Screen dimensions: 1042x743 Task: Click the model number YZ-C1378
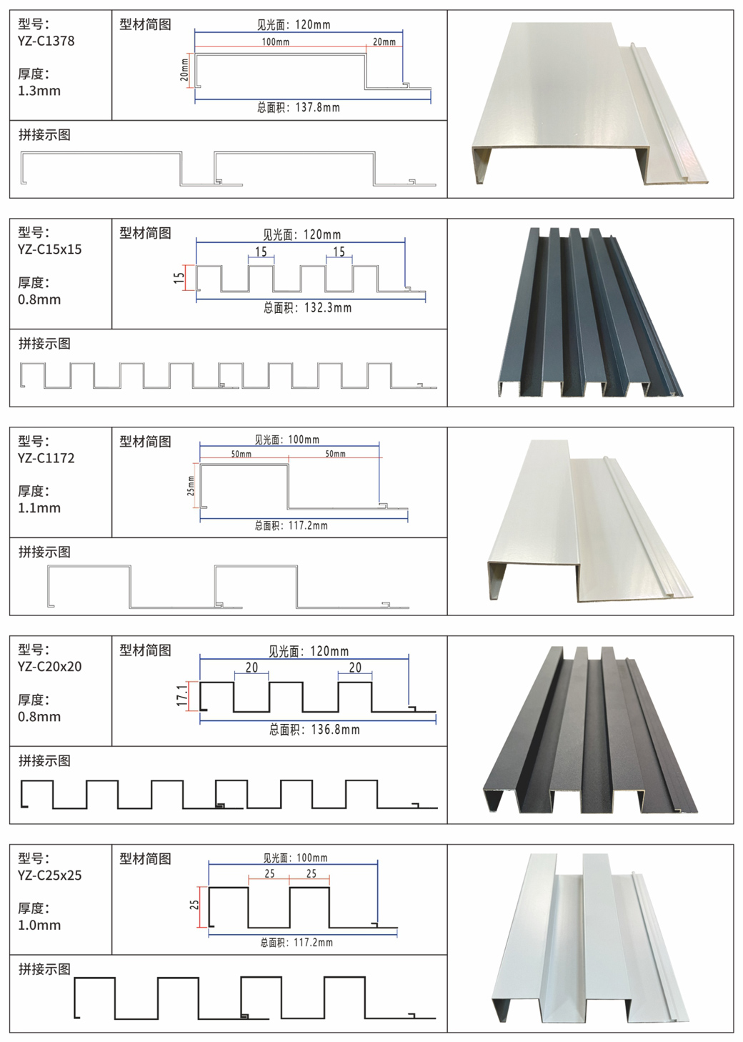[x=46, y=41]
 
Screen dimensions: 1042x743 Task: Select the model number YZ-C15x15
[x=49, y=249]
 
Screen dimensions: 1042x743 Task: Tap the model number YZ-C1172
[x=46, y=458]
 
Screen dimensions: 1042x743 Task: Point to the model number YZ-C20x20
[x=49, y=667]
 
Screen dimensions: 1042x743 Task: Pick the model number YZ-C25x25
[x=49, y=875]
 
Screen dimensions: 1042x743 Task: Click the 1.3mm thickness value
[x=39, y=91]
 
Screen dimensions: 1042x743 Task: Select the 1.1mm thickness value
[x=39, y=508]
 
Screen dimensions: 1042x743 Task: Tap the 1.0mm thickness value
[x=39, y=926]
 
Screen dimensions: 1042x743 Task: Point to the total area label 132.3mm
[x=307, y=308]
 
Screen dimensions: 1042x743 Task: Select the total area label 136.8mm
[x=314, y=730]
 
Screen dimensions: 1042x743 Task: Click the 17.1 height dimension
[x=182, y=695]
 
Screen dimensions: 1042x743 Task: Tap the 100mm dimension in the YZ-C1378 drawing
[x=275, y=42]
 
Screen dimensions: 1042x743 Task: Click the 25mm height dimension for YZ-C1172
[x=191, y=487]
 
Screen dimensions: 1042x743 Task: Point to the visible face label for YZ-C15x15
[x=302, y=234]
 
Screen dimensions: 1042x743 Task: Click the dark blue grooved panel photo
[x=589, y=312]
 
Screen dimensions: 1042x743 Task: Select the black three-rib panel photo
[x=589, y=729]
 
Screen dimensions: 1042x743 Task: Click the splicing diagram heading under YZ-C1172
[x=44, y=552]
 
